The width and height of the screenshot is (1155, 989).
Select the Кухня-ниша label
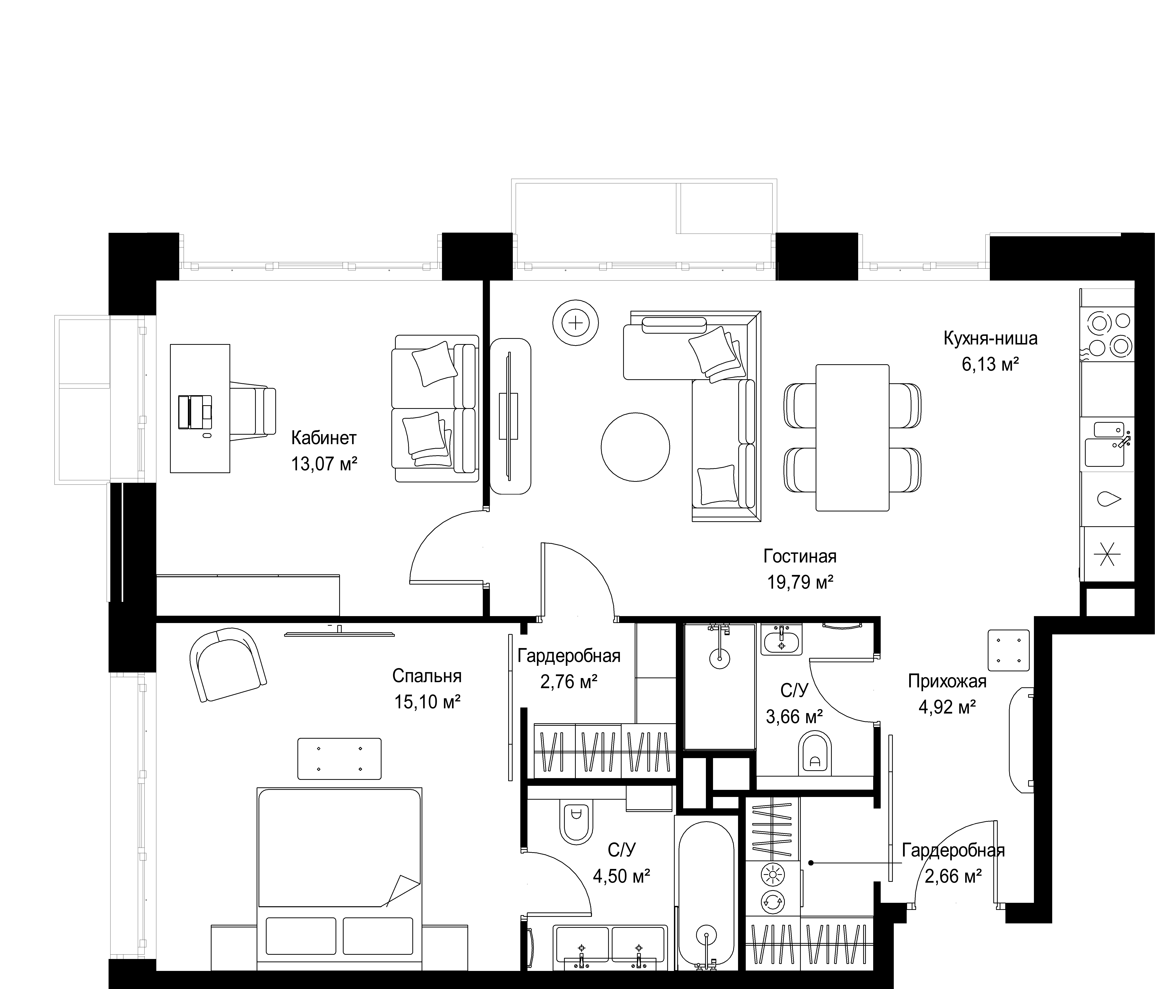[x=991, y=339]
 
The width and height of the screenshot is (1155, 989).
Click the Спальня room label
[x=427, y=676]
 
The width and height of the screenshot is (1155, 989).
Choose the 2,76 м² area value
[x=569, y=682]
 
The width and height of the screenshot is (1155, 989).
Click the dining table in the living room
[x=852, y=437]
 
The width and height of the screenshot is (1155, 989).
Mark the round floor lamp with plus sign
[x=576, y=323]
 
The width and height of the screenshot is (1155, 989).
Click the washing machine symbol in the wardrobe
[x=773, y=901]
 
